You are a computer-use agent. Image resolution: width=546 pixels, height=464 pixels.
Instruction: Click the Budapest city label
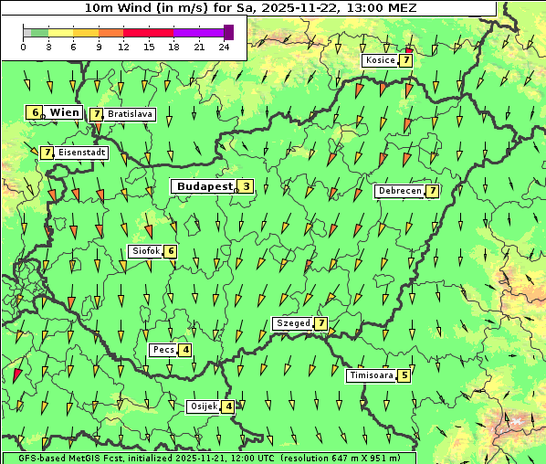click(x=205, y=186)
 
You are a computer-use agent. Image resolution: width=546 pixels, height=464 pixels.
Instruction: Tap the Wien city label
click(x=65, y=112)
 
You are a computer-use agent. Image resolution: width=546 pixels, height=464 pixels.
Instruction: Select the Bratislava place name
click(x=130, y=115)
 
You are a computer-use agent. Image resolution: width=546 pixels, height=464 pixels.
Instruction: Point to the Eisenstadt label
click(x=81, y=153)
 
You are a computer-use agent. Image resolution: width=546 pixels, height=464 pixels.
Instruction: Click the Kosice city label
click(x=380, y=60)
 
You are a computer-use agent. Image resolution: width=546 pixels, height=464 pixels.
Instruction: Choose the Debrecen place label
click(x=399, y=191)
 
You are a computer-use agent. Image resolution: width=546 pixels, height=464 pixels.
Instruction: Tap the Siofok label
click(x=145, y=251)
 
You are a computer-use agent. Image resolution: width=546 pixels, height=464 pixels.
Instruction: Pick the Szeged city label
click(x=293, y=323)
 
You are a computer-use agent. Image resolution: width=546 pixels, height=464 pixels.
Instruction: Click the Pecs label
click(x=163, y=350)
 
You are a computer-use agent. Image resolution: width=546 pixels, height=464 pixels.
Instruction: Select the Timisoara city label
click(x=371, y=374)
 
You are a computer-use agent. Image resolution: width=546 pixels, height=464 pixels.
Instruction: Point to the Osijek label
click(x=204, y=406)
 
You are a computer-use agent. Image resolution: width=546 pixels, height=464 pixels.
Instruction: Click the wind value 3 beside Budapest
click(x=247, y=186)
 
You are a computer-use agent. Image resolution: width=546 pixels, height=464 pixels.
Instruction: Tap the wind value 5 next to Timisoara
click(x=404, y=374)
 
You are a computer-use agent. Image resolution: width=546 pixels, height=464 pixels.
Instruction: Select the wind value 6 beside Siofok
click(x=170, y=251)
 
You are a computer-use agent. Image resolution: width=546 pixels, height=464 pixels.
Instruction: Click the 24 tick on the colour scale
click(x=225, y=46)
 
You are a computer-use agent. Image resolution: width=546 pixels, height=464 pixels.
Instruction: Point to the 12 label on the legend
click(x=123, y=46)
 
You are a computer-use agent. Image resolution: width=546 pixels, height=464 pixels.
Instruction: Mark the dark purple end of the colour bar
click(x=228, y=32)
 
